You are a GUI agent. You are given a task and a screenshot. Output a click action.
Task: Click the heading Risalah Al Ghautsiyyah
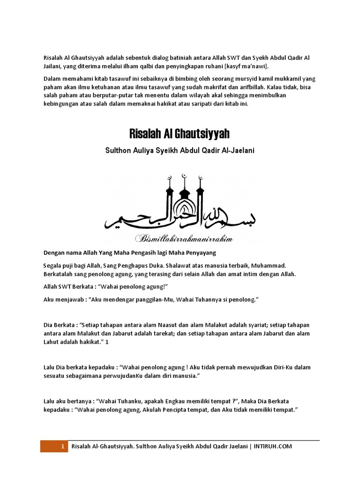click(180, 135)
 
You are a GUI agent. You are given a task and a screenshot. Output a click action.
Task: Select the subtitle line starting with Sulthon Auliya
click(180, 152)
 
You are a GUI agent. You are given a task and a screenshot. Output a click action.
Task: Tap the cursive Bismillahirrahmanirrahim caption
click(184, 239)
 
